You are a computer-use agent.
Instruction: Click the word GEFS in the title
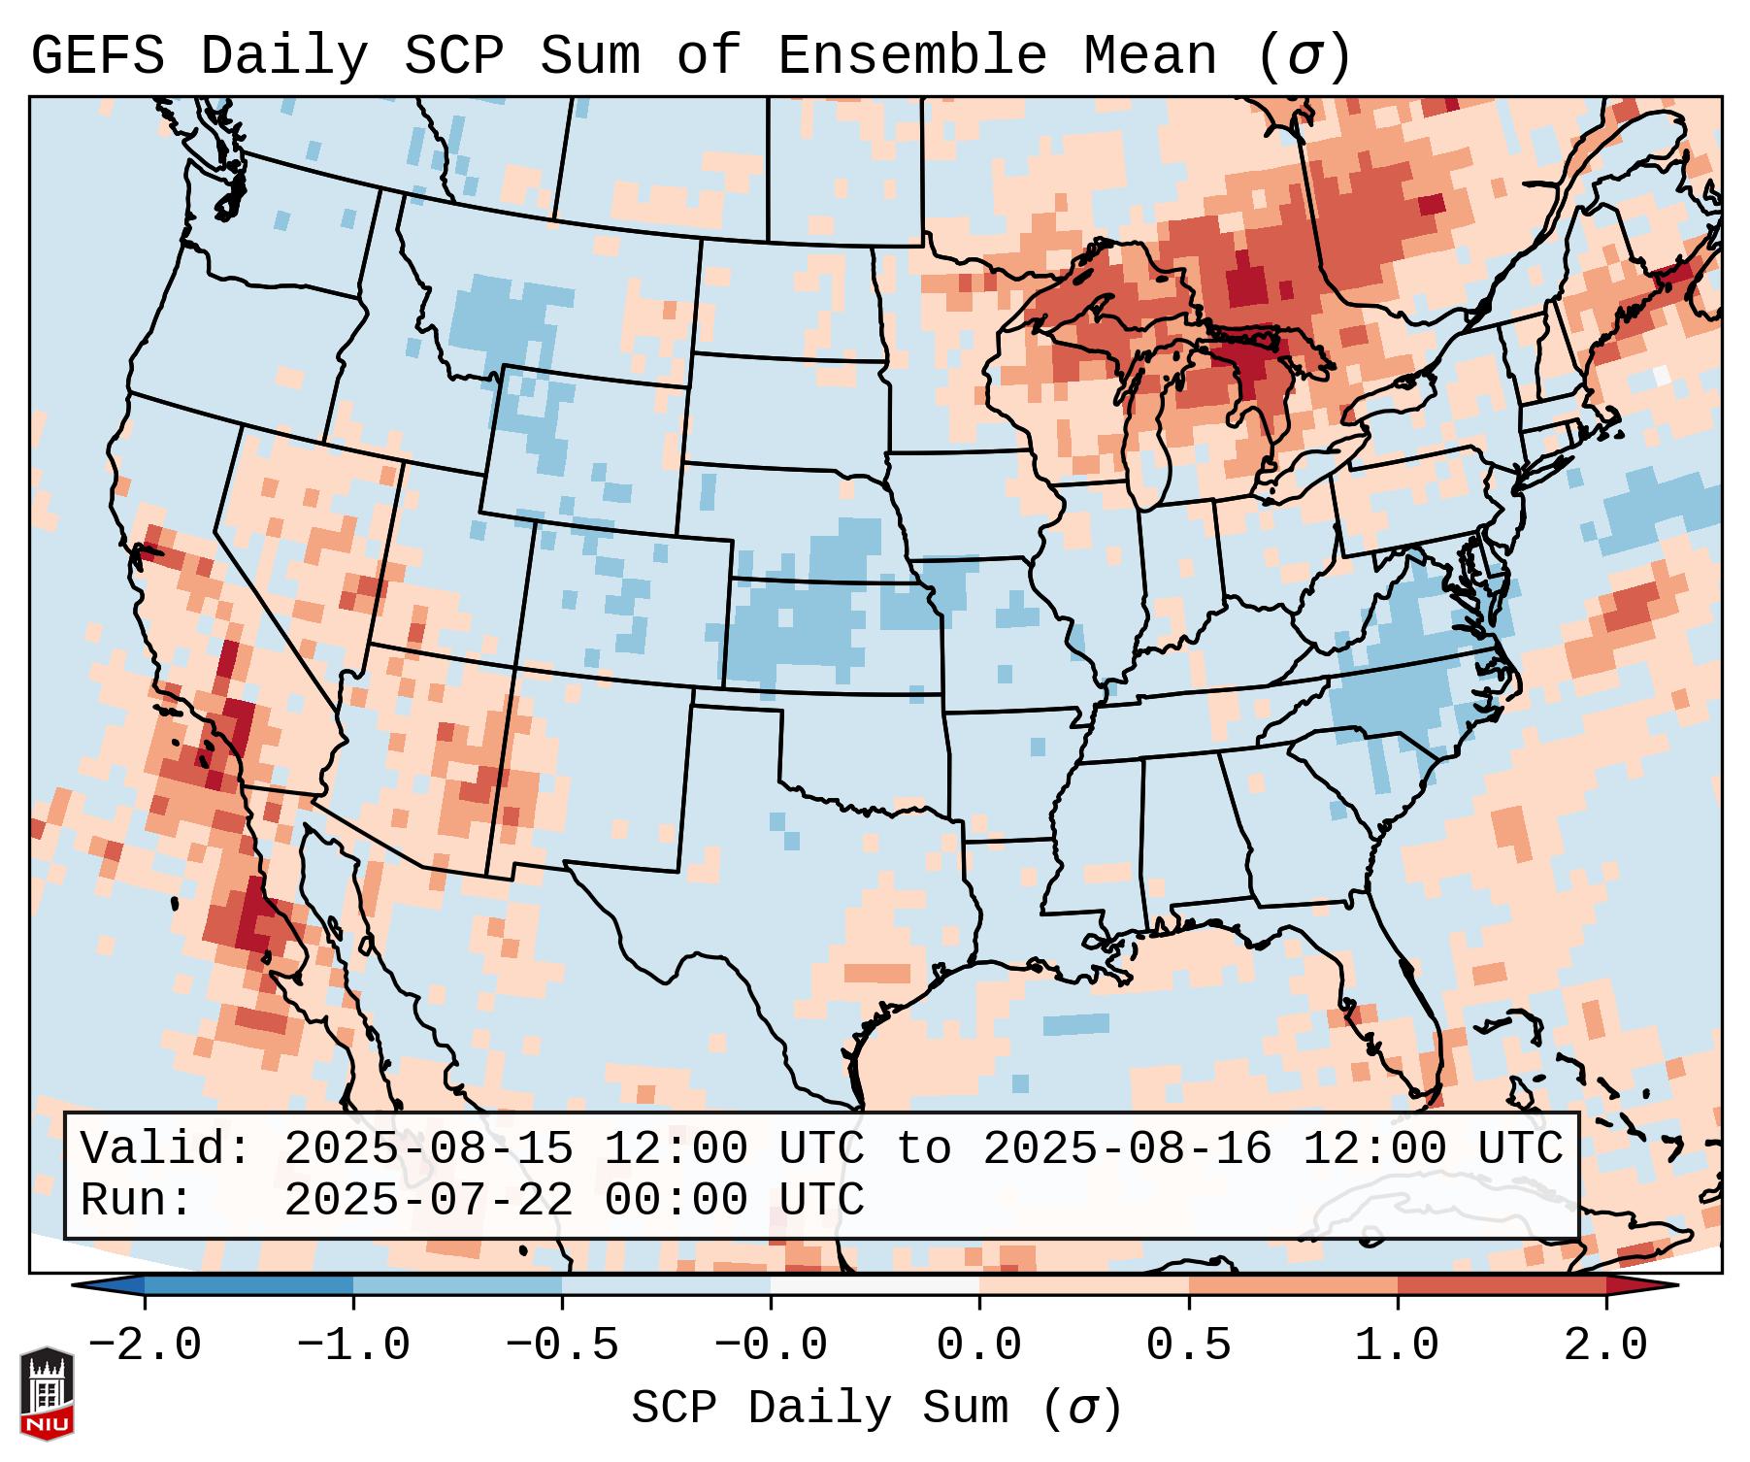pos(97,56)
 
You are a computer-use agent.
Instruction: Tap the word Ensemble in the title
pos(911,56)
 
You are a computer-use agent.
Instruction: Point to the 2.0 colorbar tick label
pos(1605,1346)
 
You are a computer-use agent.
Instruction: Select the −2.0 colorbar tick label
pos(145,1346)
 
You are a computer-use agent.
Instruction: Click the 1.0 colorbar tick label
pos(1397,1346)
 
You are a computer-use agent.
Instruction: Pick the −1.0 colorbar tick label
pos(352,1346)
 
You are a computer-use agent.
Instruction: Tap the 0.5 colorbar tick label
pos(1188,1346)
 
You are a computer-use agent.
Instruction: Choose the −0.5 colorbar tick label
pos(561,1346)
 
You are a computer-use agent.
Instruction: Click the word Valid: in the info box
pos(166,1148)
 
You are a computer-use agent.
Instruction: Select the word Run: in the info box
pos(137,1200)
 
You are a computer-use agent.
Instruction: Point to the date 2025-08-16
pos(1127,1148)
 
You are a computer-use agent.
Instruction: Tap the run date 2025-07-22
pos(428,1200)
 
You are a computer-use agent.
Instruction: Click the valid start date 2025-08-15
pos(428,1148)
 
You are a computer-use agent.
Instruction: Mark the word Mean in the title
pos(1149,56)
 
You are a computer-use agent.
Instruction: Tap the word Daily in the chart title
pos(284,56)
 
